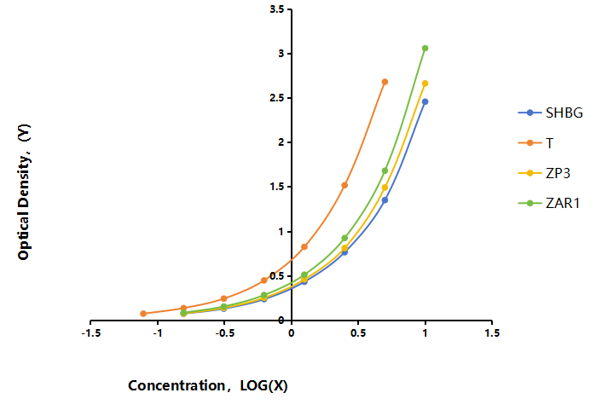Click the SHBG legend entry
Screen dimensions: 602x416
coord(550,113)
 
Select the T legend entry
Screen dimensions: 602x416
coord(535,143)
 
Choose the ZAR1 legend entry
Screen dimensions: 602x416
coord(548,203)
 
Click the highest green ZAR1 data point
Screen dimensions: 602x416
coord(425,49)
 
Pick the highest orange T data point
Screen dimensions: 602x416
coord(385,82)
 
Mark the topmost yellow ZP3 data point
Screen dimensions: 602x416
coord(425,84)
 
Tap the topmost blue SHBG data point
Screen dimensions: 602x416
coord(425,101)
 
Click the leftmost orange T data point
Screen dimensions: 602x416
coord(143,314)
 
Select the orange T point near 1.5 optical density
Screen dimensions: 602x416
coord(344,185)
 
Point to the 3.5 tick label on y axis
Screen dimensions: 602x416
coord(277,9)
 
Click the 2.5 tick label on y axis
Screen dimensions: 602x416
coord(277,98)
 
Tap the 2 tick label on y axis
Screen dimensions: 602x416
coord(281,142)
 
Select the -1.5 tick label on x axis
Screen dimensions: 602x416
coord(91,333)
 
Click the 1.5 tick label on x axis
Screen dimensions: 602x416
coord(492,333)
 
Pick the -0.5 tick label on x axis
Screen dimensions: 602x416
coord(225,333)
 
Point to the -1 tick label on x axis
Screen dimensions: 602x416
coord(158,333)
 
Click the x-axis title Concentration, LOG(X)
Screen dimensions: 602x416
coord(208,385)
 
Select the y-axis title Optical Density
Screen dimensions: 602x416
coord(24,192)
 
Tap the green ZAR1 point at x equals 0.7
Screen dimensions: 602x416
coord(385,170)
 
